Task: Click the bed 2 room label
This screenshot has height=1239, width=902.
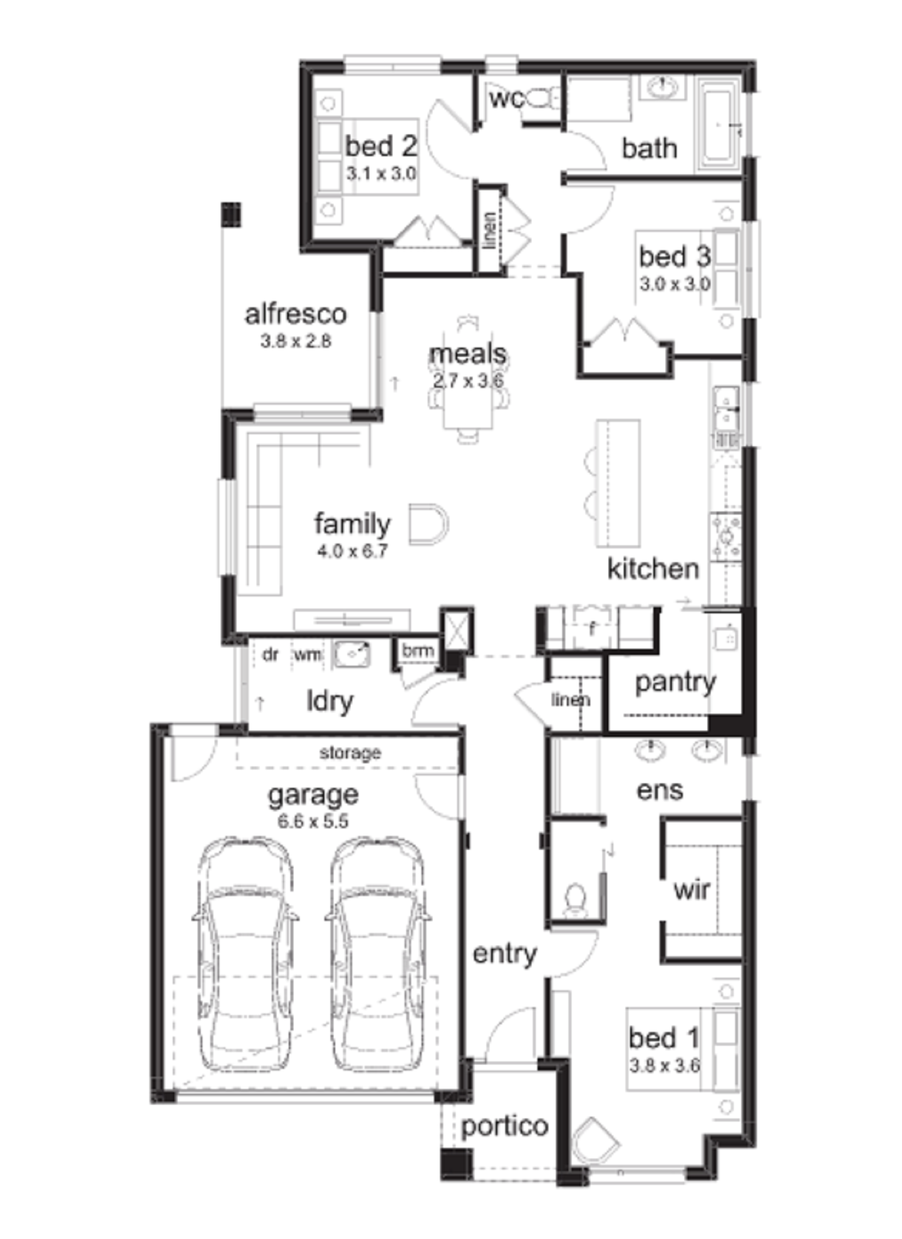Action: click(380, 146)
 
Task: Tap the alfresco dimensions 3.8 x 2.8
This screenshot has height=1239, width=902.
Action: click(296, 341)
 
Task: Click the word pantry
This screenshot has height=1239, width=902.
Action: click(675, 682)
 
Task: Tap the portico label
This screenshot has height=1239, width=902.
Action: click(504, 1126)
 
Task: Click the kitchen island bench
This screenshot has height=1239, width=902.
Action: click(618, 484)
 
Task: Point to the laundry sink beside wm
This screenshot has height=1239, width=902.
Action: click(352, 655)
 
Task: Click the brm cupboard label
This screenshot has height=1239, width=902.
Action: click(418, 651)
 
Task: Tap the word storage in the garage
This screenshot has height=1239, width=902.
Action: click(350, 752)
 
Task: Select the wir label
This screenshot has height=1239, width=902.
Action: click(692, 889)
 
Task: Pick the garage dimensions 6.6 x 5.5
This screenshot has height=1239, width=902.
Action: click(313, 821)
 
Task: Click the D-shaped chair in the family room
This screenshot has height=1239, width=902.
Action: click(428, 524)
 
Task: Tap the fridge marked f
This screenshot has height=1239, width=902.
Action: click(591, 628)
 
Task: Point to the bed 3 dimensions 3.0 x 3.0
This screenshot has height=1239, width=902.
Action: click(675, 284)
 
